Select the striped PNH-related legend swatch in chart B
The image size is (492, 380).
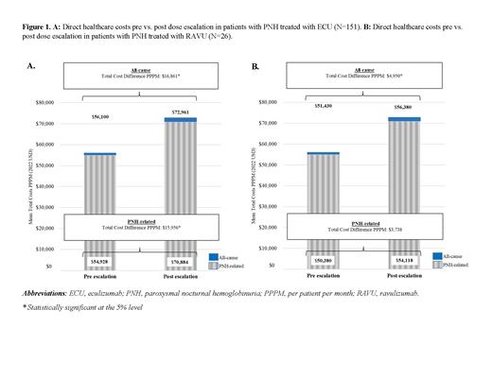click(x=448, y=266)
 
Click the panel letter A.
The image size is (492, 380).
click(x=31, y=67)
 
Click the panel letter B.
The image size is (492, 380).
click(x=255, y=67)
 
